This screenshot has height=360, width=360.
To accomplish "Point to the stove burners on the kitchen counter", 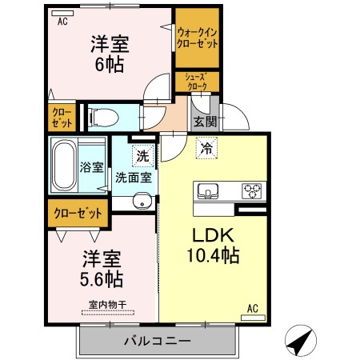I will [x=253, y=191].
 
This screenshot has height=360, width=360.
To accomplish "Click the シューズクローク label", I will [x=197, y=82].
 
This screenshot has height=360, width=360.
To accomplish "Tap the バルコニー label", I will [x=157, y=341].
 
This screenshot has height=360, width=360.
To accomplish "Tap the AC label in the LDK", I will [x=253, y=307].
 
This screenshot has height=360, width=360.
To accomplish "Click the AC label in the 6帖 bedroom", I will [x=62, y=22].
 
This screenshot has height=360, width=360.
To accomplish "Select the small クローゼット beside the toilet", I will [x=62, y=118].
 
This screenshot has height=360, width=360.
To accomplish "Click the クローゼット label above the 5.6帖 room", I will [x=78, y=214].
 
